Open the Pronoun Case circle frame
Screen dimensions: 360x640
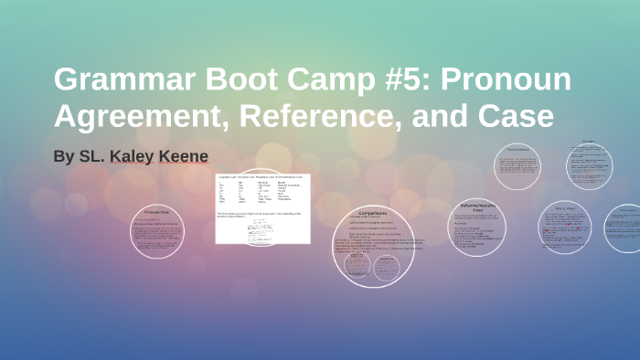pyautogui.click(x=157, y=231)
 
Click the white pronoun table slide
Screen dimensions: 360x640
pyautogui.click(x=262, y=208)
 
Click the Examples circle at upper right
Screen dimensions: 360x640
pyautogui.click(x=587, y=163)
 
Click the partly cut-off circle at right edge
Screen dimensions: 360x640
pyautogui.click(x=626, y=228)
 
